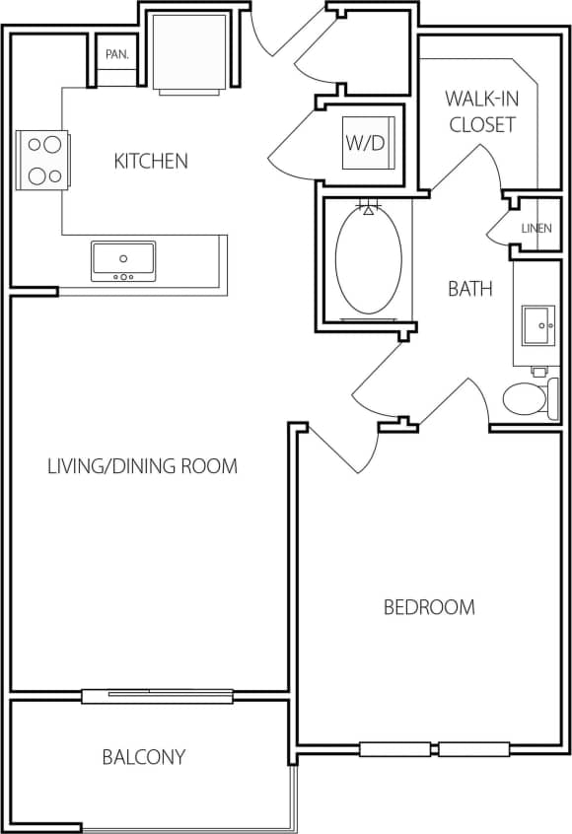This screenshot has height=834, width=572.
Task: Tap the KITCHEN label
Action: [151, 161]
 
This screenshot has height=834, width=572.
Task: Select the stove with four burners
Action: [42, 161]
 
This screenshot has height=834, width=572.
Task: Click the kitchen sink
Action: [124, 261]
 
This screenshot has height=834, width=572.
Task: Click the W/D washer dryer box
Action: [366, 142]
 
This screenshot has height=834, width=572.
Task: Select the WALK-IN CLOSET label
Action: [481, 111]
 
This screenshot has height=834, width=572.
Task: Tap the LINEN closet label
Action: [536, 229]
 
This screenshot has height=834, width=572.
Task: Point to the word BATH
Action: [470, 289]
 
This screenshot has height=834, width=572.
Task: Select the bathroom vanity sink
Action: [539, 324]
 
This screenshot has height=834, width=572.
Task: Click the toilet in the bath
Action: [527, 398]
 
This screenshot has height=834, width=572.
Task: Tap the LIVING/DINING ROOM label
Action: [142, 465]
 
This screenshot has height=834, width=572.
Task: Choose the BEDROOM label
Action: [429, 607]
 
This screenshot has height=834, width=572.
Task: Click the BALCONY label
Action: [144, 757]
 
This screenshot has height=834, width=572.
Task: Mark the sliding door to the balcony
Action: [158, 696]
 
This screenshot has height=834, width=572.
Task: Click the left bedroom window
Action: [394, 749]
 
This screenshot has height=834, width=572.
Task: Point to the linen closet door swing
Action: [499, 227]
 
